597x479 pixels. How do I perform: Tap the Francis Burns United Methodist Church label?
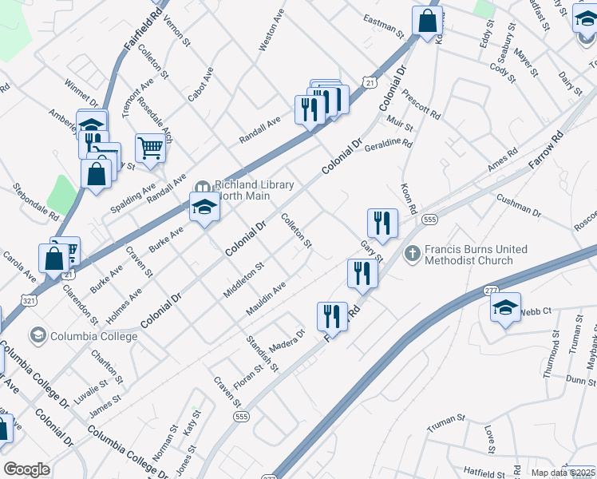tap(476, 255)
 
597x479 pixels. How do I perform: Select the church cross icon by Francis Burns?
tap(412, 255)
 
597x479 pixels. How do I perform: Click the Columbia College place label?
tap(93, 335)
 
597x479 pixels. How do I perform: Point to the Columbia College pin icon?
tap(38, 335)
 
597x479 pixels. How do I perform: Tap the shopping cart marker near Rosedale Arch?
tap(150, 148)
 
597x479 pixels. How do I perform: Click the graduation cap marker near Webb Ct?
tap(505, 309)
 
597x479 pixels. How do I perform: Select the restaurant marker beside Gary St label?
tap(382, 224)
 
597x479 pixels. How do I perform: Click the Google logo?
tap(27, 469)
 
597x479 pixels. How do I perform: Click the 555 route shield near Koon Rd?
tap(430, 220)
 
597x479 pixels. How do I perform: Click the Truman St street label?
tap(445, 418)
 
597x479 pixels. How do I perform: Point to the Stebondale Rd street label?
tap(37, 204)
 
